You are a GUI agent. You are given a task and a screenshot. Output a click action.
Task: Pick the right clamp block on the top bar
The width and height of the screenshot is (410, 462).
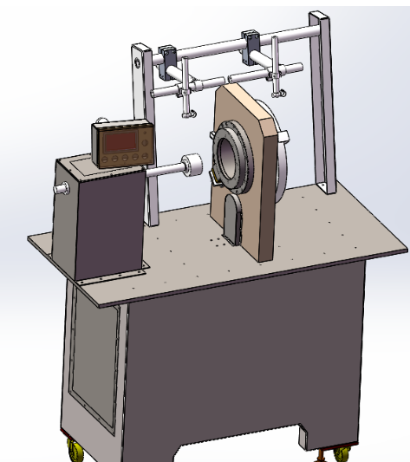click(x=252, y=40)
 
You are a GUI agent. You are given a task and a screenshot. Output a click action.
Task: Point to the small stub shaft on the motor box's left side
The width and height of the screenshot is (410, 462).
click(x=59, y=189)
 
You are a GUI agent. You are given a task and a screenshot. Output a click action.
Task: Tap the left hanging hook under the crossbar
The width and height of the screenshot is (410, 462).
click(x=187, y=108)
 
